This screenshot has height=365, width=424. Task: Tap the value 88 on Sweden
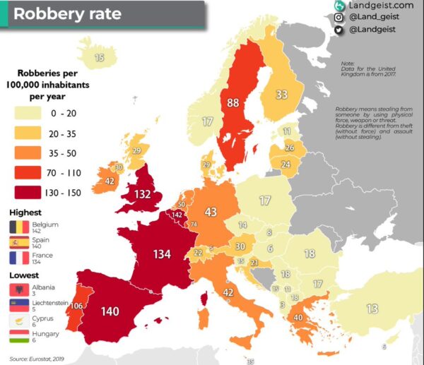click(233, 102)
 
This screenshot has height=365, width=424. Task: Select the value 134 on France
click(163, 254)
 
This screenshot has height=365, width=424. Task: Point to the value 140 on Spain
click(110, 311)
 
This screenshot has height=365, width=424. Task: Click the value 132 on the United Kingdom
click(143, 194)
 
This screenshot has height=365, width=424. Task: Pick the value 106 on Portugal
click(76, 306)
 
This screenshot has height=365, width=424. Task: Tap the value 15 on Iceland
click(100, 58)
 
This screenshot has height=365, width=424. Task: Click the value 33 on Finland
click(281, 94)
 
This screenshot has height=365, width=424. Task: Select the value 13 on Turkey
click(372, 309)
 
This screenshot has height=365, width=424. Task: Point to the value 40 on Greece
click(299, 318)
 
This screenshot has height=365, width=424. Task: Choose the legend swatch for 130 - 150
click(27, 191)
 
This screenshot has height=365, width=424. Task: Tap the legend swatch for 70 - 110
click(27, 172)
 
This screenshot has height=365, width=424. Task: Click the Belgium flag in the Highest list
click(17, 227)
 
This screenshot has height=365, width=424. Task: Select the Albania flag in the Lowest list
click(17, 289)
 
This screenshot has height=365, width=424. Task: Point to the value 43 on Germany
click(211, 211)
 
